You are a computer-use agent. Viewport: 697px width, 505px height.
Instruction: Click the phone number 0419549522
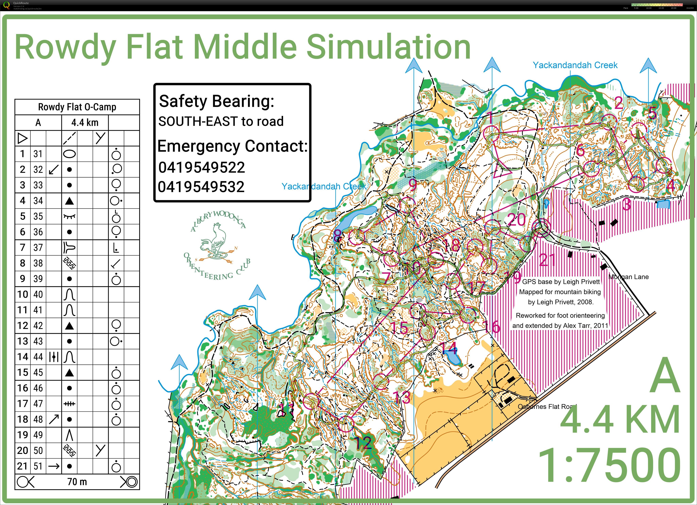click(202, 167)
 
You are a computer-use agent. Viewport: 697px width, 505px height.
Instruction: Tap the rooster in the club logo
click(215, 241)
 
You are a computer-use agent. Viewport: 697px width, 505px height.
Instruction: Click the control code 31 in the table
click(38, 154)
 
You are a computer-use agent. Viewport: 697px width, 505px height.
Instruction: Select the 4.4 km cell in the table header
click(85, 122)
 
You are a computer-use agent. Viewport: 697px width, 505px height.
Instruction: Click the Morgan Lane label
click(628, 277)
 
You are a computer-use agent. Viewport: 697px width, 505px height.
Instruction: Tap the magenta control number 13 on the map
click(402, 398)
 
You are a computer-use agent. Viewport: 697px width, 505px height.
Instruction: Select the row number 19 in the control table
click(23, 435)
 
